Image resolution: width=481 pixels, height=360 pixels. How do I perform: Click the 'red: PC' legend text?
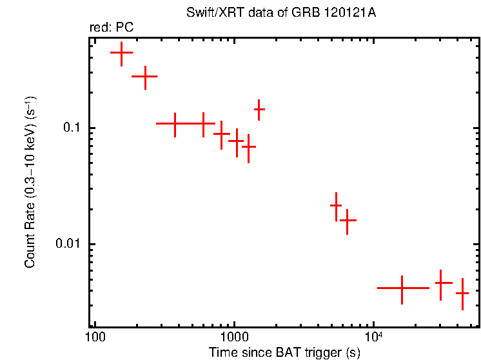click(111, 28)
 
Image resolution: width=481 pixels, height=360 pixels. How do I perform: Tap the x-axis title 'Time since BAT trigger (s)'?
click(284, 352)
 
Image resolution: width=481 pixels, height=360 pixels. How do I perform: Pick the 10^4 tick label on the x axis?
click(373, 336)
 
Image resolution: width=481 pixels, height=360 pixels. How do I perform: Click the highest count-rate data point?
click(121, 53)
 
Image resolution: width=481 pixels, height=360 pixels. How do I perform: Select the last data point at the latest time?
click(462, 293)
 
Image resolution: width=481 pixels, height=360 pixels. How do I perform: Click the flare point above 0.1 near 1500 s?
click(259, 110)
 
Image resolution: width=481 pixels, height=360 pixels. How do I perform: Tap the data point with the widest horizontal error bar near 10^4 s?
click(402, 288)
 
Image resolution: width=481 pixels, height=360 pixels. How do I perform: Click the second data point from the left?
click(145, 76)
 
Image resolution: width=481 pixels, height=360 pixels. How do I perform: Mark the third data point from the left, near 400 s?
click(175, 123)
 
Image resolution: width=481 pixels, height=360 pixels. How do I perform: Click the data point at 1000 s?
click(237, 140)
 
